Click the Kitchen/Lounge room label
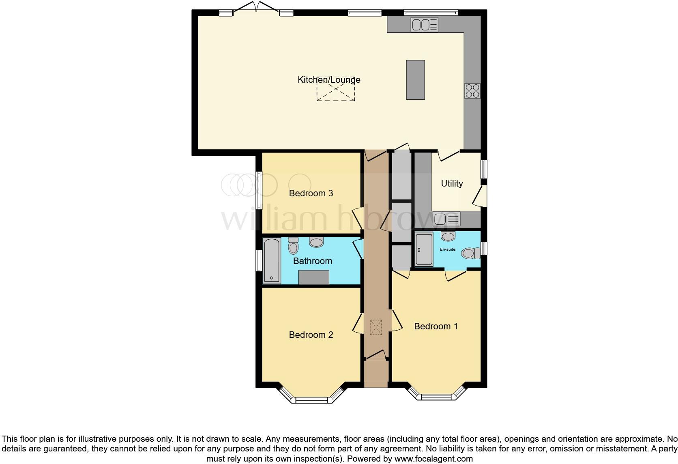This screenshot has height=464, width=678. (x=329, y=80)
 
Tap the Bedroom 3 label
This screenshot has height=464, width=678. (x=311, y=193)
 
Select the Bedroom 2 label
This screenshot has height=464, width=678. (x=311, y=335)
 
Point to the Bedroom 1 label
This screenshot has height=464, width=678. (x=436, y=327)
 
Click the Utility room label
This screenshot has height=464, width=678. (x=452, y=184)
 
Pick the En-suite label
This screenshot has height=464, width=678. (x=447, y=249)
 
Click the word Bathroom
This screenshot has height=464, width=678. (x=312, y=261)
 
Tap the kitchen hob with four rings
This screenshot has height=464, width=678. (x=472, y=90)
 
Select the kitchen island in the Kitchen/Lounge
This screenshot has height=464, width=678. (x=415, y=79)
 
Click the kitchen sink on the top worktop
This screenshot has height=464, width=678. (x=425, y=25)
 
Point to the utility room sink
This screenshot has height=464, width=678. (x=446, y=219)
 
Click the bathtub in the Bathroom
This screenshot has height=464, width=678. (x=271, y=260)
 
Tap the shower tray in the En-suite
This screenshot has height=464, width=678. (x=424, y=249)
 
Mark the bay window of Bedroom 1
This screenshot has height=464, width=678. (x=436, y=395)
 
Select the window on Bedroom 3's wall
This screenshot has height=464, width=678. (x=258, y=190)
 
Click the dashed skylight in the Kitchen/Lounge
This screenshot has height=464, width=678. (x=335, y=88)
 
